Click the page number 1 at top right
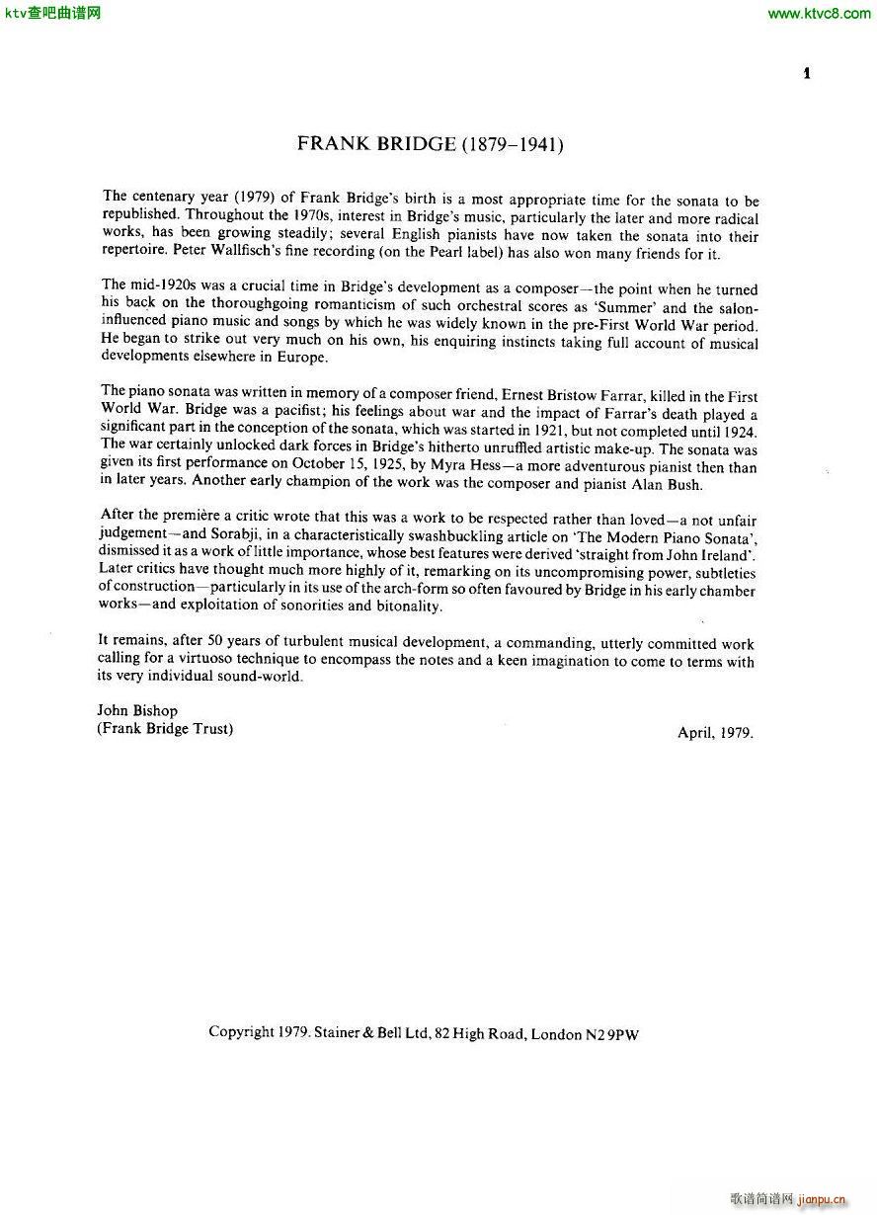(807, 73)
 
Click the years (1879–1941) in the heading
(513, 144)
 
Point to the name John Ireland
(704, 555)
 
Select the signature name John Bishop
(137, 711)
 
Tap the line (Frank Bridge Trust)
(165, 730)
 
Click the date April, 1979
(715, 733)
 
